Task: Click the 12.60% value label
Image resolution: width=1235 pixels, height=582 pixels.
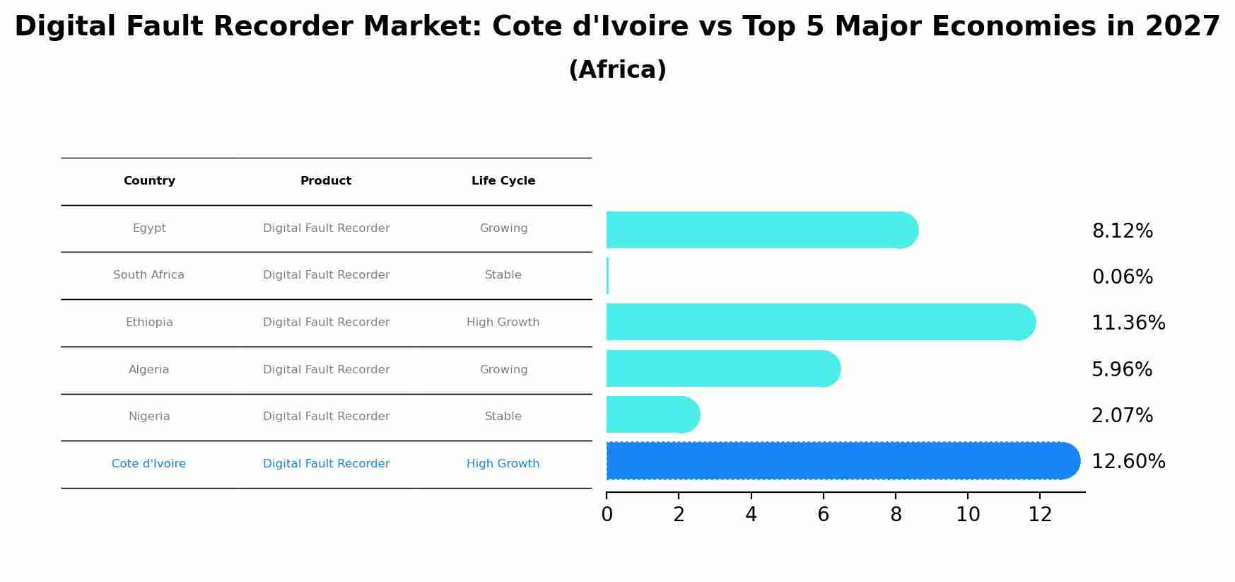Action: coord(1128,462)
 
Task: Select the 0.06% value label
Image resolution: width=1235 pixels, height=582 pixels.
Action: coord(1122,277)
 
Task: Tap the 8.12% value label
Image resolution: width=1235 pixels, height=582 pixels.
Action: coord(1122,231)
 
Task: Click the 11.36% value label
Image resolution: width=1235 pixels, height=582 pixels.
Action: coord(1128,323)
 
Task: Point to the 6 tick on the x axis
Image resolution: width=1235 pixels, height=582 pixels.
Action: coord(823,515)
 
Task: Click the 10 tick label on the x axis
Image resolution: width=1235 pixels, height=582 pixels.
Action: coord(968,515)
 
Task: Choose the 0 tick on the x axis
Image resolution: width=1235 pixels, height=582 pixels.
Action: coord(607,515)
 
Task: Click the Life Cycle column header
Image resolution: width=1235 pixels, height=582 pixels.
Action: coord(503,181)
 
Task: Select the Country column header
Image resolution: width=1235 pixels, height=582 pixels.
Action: coord(149,181)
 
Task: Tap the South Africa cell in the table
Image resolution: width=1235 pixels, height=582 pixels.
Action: coord(148,275)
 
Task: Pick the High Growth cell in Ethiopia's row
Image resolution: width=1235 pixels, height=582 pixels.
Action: coord(503,322)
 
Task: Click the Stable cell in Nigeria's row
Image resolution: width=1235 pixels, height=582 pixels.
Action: coord(503,417)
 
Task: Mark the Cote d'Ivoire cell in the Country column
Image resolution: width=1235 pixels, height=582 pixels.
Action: coord(148,464)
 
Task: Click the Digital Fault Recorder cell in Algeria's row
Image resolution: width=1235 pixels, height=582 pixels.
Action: coord(326,370)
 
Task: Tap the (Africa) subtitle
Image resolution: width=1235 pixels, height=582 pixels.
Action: coord(617,70)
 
